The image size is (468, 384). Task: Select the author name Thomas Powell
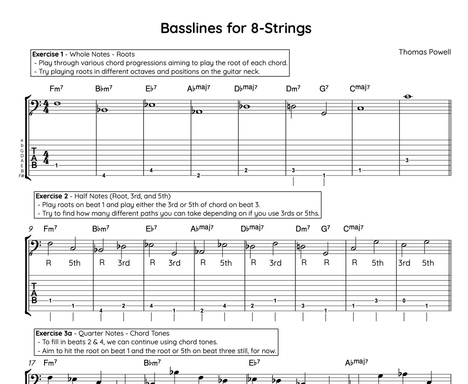tap(425, 52)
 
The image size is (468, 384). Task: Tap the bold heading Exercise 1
tap(48, 54)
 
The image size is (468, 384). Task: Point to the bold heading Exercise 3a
tap(54, 333)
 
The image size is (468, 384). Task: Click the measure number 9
tap(31, 229)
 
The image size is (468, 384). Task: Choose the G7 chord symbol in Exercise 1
tap(324, 88)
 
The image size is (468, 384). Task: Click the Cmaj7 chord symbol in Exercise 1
tap(360, 88)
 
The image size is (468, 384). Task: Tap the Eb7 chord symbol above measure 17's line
tap(254, 363)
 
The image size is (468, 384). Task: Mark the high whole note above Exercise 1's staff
tap(408, 97)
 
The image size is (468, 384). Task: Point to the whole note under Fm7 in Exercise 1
tap(57, 103)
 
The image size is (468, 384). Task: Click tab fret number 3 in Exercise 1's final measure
tap(407, 160)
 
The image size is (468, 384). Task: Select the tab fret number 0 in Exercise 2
tap(404, 301)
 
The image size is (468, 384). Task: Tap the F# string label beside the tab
tap(22, 176)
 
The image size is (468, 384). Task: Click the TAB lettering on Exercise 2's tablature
tap(34, 293)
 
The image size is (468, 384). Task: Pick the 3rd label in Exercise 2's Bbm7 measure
tap(124, 263)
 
